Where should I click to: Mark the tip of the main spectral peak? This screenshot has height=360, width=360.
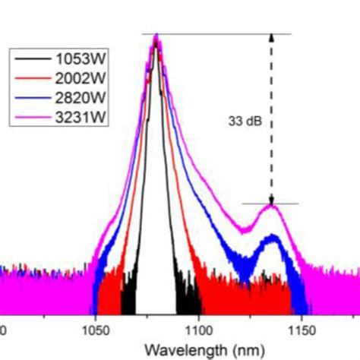156,36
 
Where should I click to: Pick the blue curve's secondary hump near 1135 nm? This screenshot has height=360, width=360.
270,238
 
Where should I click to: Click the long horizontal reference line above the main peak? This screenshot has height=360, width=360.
220,34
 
